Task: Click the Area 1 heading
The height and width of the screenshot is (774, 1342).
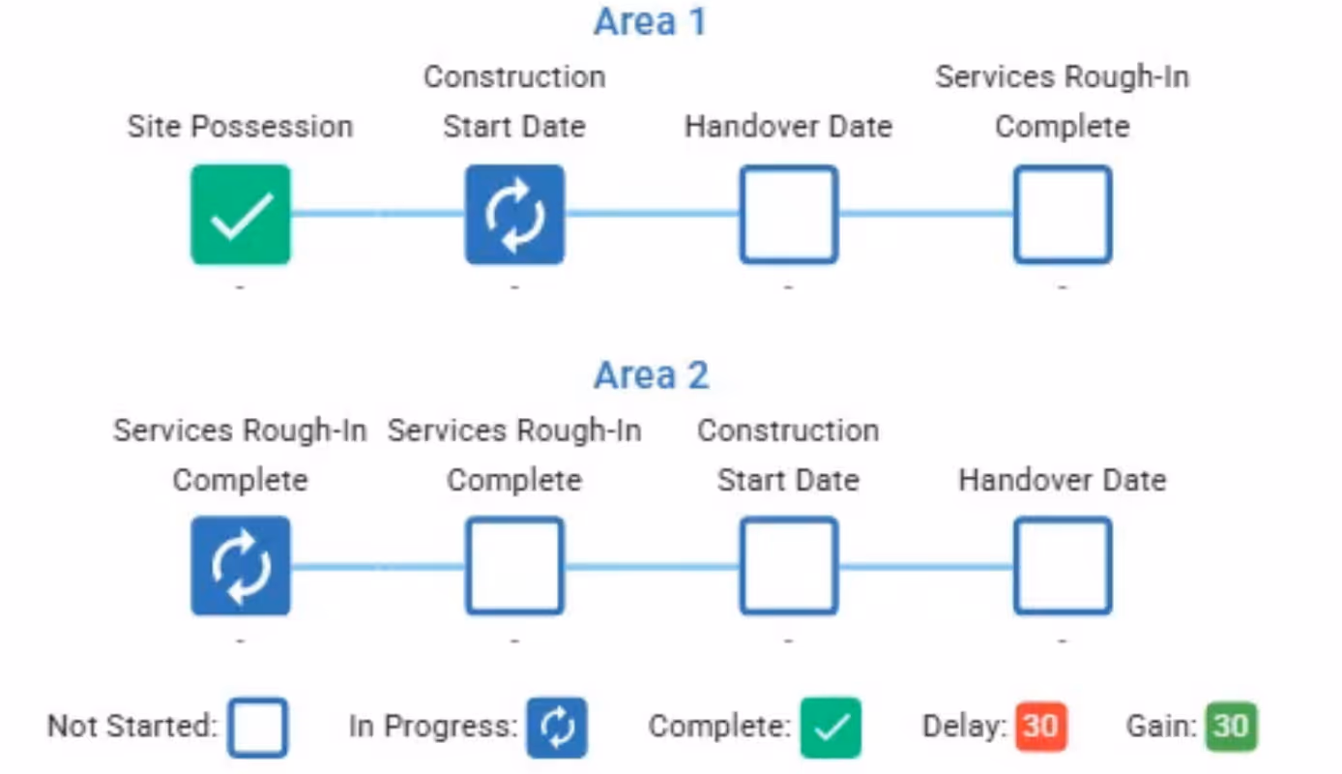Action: click(650, 22)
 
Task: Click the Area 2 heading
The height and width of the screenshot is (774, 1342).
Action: click(651, 375)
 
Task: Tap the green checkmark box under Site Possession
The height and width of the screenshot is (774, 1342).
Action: click(241, 215)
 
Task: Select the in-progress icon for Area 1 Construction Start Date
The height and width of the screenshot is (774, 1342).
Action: click(514, 215)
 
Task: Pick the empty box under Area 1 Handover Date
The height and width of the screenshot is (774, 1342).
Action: click(788, 215)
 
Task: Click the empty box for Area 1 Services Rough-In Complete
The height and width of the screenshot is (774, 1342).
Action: click(1063, 215)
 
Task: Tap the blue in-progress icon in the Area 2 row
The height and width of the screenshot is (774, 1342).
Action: click(241, 566)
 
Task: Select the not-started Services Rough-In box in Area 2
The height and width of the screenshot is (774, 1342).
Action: click(514, 566)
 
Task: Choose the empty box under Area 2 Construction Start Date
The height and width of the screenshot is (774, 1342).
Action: click(788, 566)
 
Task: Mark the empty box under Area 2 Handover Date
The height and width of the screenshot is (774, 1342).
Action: click(1063, 566)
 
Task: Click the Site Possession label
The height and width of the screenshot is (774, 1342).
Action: click(240, 127)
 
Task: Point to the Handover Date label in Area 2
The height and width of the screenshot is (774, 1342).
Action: click(1062, 480)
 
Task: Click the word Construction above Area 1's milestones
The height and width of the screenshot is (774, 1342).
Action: click(514, 76)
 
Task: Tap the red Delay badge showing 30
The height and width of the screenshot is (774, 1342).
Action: click(1040, 727)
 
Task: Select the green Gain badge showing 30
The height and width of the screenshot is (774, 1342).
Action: click(1231, 727)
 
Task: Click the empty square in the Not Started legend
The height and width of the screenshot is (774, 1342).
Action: click(257, 727)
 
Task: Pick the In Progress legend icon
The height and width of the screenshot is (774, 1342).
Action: click(557, 727)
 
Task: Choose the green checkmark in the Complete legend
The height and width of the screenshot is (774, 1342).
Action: click(831, 727)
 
